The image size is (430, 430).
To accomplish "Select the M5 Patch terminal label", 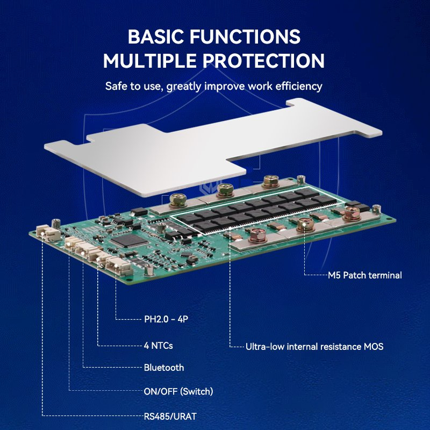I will [365, 275].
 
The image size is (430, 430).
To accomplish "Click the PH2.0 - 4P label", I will [166, 319].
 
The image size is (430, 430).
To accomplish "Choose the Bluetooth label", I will [164, 368].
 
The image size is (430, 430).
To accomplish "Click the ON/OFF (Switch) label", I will [178, 391].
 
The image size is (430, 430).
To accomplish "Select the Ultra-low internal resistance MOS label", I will [314, 347].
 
